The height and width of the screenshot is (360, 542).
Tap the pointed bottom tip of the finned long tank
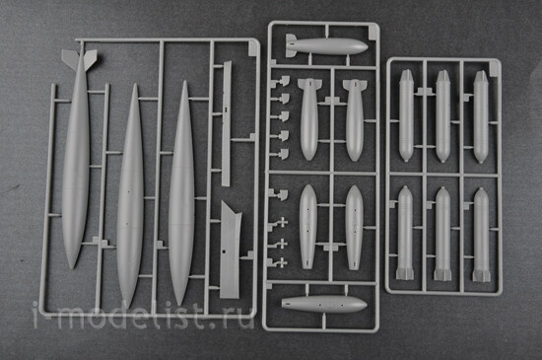[73, 267]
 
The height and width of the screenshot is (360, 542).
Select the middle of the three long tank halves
[131, 195]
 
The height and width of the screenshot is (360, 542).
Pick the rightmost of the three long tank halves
[182, 192]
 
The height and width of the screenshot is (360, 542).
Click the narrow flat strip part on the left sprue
[227, 124]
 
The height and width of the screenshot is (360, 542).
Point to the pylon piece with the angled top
[230, 250]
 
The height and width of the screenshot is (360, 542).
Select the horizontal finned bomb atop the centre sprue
[326, 46]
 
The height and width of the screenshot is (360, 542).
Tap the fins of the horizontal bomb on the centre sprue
[291, 45]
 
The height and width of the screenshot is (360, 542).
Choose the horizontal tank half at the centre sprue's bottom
[324, 305]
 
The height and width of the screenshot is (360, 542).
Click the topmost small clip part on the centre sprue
[283, 82]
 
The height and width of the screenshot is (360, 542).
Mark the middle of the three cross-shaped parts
[281, 244]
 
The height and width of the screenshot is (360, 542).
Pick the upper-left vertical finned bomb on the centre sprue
[309, 119]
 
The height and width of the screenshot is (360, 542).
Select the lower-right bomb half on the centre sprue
[354, 227]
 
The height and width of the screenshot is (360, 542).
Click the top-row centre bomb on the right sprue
[442, 116]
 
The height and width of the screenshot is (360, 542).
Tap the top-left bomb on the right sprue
[406, 115]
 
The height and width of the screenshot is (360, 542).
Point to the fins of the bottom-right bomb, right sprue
[482, 274]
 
